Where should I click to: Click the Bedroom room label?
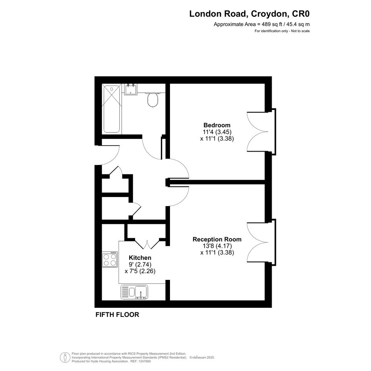tap(217, 125)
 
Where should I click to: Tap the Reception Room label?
tap(217, 239)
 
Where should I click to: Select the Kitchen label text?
tap(140, 258)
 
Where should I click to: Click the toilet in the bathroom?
tap(153, 99)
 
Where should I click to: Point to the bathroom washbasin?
tap(131, 89)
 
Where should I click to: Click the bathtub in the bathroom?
tap(112, 109)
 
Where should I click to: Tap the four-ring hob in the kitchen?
tap(110, 260)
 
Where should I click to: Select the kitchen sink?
tap(134, 292)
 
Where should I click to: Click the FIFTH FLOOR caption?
tap(117, 315)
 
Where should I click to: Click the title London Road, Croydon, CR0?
tap(249, 14)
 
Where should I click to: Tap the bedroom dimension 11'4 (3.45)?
tap(217, 132)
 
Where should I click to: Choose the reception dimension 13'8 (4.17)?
tap(217, 246)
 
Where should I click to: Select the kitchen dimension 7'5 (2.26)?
tap(140, 271)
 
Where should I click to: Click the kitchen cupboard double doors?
tap(147, 245)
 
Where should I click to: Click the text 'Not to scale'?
tap(300, 31)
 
